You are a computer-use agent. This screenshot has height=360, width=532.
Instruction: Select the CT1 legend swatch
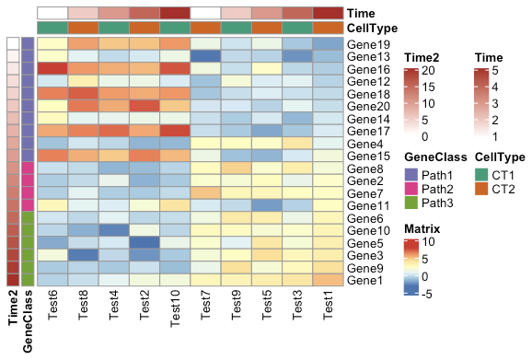click(x=482, y=175)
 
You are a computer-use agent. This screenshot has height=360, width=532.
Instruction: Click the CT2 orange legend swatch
click(x=482, y=190)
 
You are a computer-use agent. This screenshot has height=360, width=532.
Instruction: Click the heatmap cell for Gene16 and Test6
click(x=52, y=69)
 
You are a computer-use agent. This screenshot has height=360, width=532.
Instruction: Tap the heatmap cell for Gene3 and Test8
click(x=84, y=254)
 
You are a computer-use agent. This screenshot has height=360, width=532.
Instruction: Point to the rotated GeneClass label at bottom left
click(x=28, y=321)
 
